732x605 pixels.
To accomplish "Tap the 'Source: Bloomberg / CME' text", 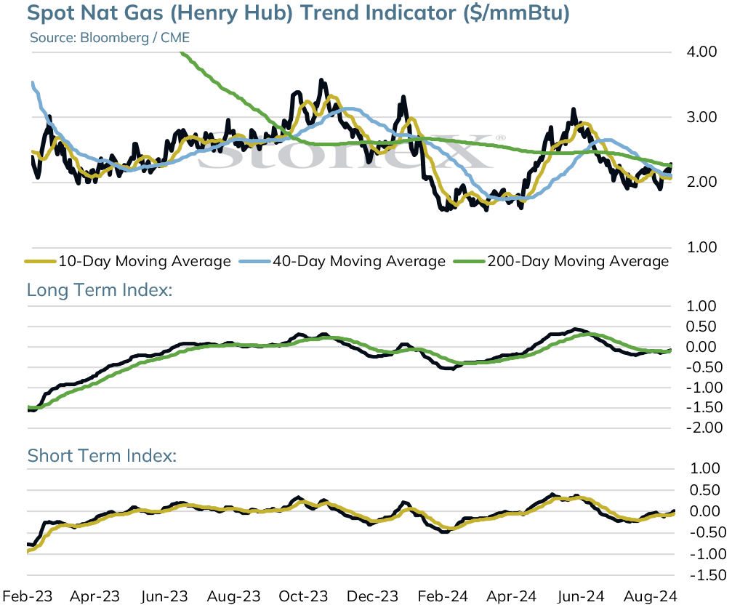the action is [110, 37].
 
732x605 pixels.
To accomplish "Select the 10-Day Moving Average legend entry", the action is [128, 261].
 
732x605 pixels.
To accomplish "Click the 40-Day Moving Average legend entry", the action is [342, 261].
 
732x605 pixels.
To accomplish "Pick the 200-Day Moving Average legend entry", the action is [562, 261].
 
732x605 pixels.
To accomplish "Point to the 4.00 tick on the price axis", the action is [701, 52].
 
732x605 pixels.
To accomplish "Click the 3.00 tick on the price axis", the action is [701, 116].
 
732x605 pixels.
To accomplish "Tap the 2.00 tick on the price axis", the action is [701, 182].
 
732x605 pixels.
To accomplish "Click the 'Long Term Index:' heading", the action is [100, 290].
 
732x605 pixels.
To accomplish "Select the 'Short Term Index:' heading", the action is [102, 456].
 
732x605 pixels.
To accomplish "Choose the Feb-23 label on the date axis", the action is [28, 596].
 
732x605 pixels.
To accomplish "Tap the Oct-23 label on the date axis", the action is [303, 596].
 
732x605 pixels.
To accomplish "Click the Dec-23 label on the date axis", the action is [372, 596].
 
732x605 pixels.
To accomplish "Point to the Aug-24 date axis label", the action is [651, 596].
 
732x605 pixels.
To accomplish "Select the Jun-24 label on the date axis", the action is [581, 596].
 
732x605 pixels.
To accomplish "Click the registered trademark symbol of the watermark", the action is [500, 137].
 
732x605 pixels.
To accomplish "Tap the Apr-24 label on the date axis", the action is [512, 596].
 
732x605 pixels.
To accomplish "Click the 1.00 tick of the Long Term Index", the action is [701, 306].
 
